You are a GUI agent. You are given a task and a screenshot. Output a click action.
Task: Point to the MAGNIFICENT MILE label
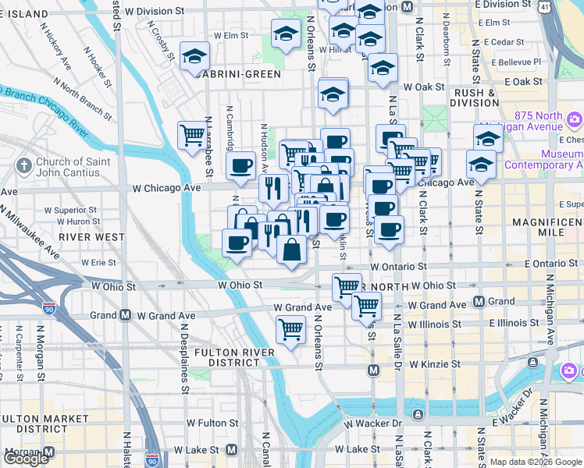[547, 229]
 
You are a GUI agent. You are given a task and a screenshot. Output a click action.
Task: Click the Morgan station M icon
[49, 452]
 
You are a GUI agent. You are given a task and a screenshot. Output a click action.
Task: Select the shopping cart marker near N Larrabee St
[192, 136]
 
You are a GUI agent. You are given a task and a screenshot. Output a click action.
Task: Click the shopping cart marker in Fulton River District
[290, 330]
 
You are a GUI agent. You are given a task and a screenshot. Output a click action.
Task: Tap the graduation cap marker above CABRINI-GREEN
[194, 56]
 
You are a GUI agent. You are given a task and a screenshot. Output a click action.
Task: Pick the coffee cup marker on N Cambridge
[240, 165]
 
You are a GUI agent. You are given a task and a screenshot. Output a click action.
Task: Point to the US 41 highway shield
[543, 8]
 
